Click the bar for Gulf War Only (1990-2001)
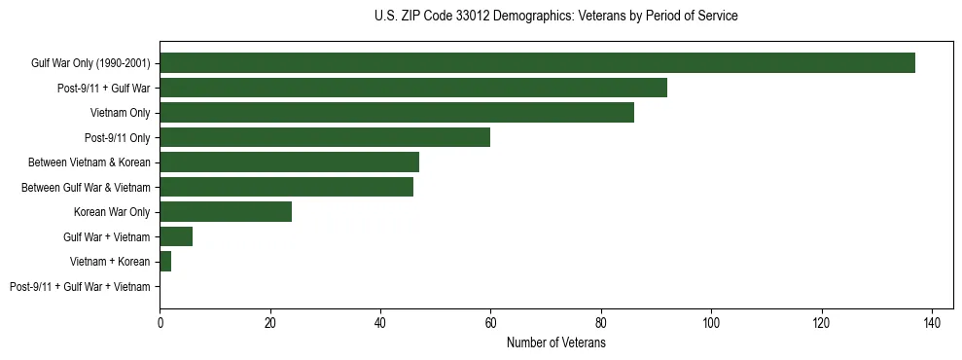click(x=537, y=63)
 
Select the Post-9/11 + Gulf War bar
click(x=413, y=88)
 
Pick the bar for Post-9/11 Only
click(x=325, y=137)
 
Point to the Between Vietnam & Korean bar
click(x=289, y=162)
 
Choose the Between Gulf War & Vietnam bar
click(x=286, y=187)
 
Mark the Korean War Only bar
click(x=226, y=211)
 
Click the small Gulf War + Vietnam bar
click(x=176, y=236)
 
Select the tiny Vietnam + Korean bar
click(x=165, y=261)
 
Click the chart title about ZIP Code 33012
click(x=555, y=17)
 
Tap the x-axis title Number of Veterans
click(x=555, y=342)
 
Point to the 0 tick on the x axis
click(x=160, y=322)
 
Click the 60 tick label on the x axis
click(x=490, y=322)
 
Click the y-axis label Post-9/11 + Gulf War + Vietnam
click(x=80, y=286)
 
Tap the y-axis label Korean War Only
click(x=112, y=211)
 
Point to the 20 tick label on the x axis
click(x=270, y=322)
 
